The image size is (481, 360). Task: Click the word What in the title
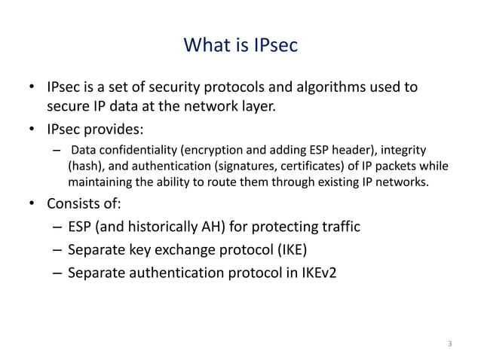(x=205, y=47)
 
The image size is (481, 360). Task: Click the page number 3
(x=450, y=344)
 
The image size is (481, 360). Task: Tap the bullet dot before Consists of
(x=31, y=204)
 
